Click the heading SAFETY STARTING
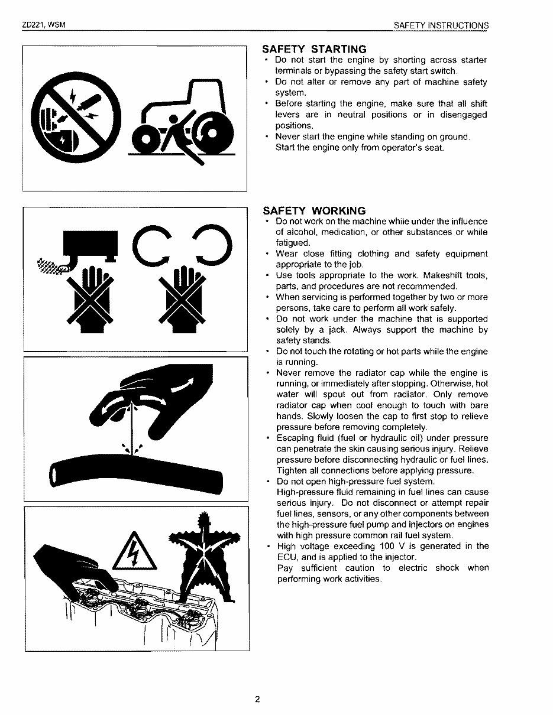[x=315, y=49]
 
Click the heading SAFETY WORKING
[x=314, y=211]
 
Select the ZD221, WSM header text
[x=43, y=25]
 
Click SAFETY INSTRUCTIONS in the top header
[x=441, y=25]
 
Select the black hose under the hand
[x=136, y=469]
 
